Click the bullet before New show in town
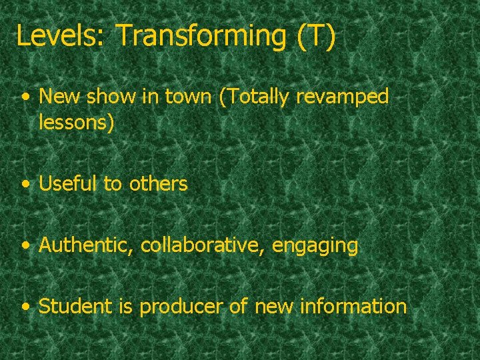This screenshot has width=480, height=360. [25, 97]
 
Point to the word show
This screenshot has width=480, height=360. [109, 97]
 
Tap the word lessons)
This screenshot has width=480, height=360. [77, 122]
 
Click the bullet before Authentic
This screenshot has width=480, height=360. [25, 246]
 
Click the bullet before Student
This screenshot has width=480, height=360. [25, 307]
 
